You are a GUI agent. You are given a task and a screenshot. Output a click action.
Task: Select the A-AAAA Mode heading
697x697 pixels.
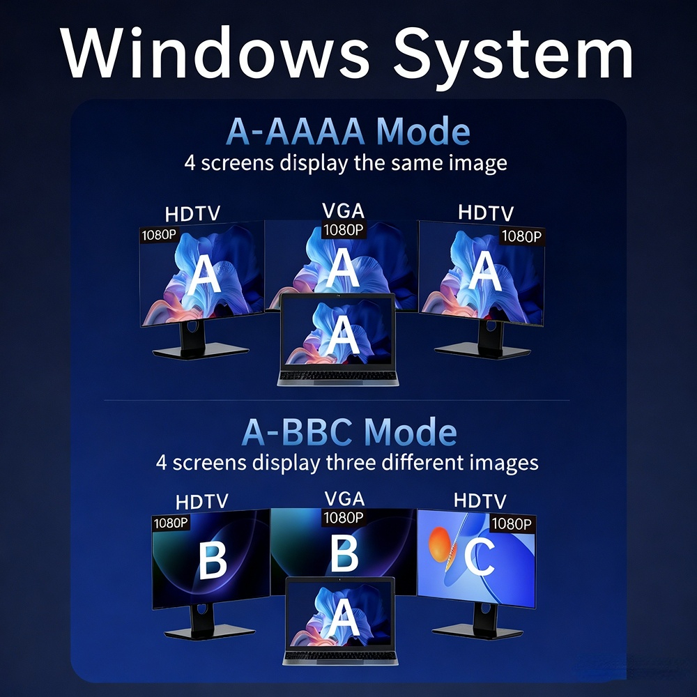coord(348,131)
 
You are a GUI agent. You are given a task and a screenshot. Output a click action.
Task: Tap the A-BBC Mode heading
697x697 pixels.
coord(349,431)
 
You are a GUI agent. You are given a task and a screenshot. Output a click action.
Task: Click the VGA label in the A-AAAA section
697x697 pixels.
coord(343,210)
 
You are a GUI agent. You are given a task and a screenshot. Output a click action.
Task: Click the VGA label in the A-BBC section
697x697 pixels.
coord(344,499)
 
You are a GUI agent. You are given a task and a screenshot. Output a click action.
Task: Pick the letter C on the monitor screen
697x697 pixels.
coord(480,556)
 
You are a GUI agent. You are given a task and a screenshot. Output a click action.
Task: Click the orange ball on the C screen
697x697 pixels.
coord(442,544)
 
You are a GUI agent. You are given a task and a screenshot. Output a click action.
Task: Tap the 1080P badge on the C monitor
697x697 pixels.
coord(512,524)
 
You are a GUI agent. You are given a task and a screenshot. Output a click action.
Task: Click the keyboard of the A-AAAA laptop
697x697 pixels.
coord(338,377)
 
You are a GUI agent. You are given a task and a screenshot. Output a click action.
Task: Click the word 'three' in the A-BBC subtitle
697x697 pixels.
coord(351,463)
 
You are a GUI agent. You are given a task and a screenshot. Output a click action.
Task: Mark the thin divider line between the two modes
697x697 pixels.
coord(337,400)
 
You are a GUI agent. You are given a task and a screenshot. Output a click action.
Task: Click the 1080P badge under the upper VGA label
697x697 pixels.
coord(343,230)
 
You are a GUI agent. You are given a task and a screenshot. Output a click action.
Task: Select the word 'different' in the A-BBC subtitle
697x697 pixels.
coord(423,463)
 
